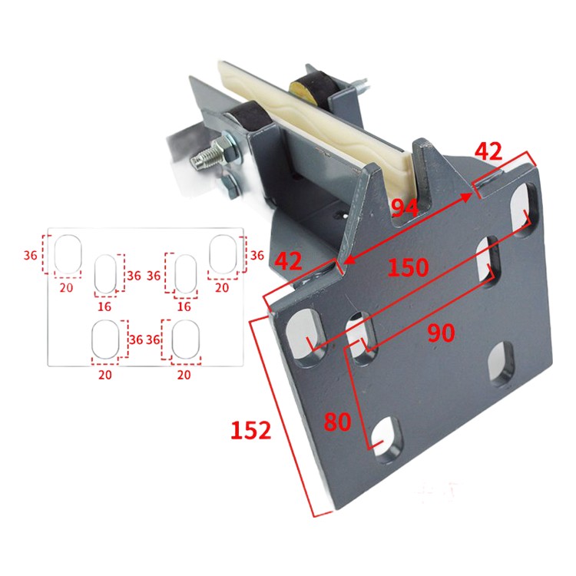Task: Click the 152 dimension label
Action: tap(251, 430)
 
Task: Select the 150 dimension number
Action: tap(408, 267)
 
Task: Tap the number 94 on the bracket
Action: tap(405, 208)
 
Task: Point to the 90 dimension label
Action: tap(441, 333)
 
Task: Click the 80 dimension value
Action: tap(337, 422)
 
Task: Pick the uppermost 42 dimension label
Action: tap(488, 151)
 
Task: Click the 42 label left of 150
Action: tap(288, 261)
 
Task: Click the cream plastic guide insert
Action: tap(313, 121)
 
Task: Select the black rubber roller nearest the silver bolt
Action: tap(250, 117)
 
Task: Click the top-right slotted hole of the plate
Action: tap(525, 209)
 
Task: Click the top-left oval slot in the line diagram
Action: tap(68, 254)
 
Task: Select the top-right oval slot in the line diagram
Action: tap(223, 254)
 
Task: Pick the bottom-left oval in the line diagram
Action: tap(105, 339)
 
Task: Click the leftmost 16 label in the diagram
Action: tap(104, 306)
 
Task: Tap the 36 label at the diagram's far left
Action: tap(31, 255)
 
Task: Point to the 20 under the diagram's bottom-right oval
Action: tap(184, 375)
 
